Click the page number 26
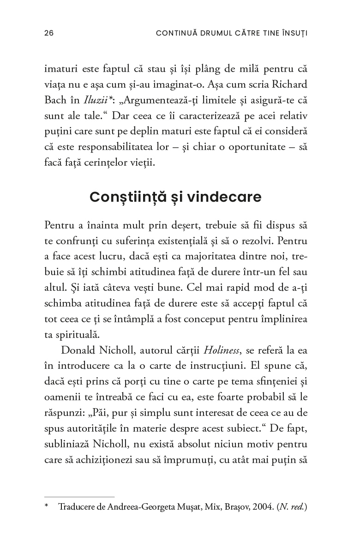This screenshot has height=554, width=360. [49, 33]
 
